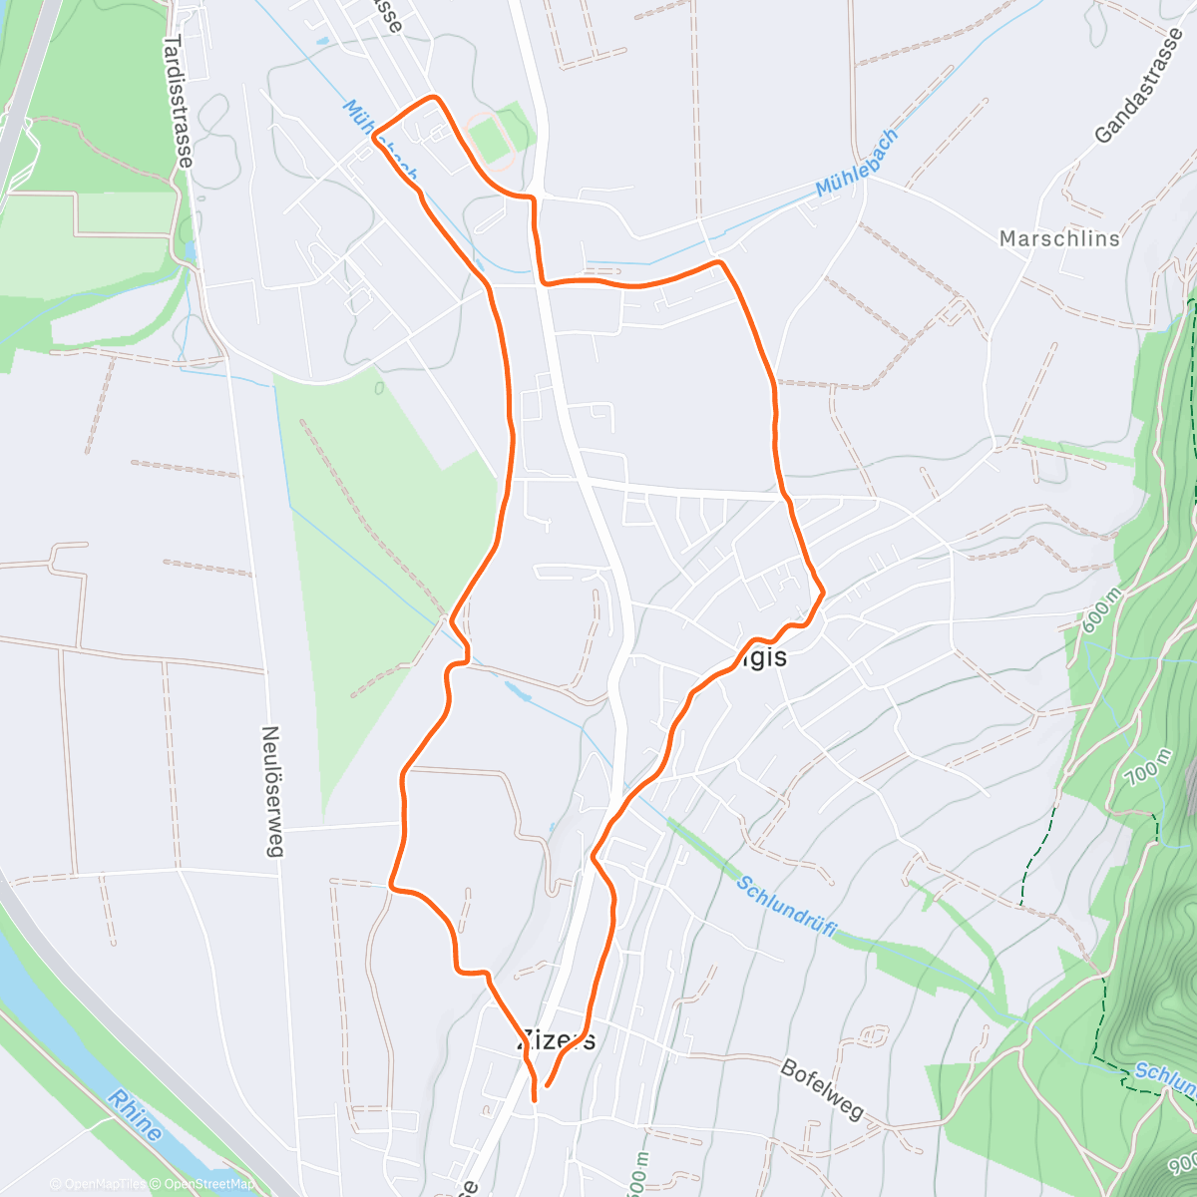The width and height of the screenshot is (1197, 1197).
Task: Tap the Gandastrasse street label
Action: point(1138,87)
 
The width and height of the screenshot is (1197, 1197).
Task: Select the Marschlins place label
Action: point(1059,238)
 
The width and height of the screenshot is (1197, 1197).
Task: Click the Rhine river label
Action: point(135,1115)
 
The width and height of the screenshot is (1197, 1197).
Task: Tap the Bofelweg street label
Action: point(821,1089)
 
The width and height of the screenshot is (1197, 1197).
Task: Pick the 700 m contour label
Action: point(1145,769)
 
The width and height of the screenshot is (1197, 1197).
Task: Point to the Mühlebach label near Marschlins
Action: point(857,162)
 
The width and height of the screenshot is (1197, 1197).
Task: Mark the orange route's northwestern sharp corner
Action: point(374,139)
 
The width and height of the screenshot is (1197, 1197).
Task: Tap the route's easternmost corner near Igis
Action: point(823,593)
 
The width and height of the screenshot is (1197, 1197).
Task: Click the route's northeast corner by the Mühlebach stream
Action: point(720,261)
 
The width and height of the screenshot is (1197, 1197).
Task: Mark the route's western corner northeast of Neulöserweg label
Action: point(390,885)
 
